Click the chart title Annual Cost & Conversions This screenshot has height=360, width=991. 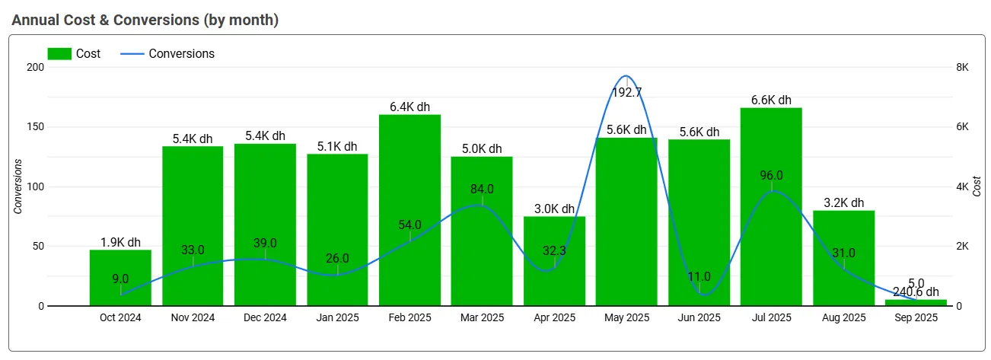(x=145, y=21)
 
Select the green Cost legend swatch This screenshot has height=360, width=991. (x=59, y=53)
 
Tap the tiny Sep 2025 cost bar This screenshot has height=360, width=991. (x=916, y=302)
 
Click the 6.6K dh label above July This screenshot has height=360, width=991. (x=771, y=100)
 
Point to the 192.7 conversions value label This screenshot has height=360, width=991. (x=626, y=93)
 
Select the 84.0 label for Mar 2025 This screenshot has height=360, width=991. (x=482, y=189)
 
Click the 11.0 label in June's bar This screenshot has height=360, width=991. (x=699, y=276)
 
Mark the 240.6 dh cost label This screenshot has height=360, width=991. (x=916, y=292)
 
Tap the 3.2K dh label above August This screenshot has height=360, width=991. (x=843, y=203)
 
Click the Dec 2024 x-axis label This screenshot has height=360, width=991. (x=265, y=318)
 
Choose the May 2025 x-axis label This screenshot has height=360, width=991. (x=626, y=318)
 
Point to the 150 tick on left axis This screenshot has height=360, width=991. (x=35, y=127)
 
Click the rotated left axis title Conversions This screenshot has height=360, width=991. (x=18, y=186)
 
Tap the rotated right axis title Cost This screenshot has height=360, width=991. (x=977, y=186)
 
